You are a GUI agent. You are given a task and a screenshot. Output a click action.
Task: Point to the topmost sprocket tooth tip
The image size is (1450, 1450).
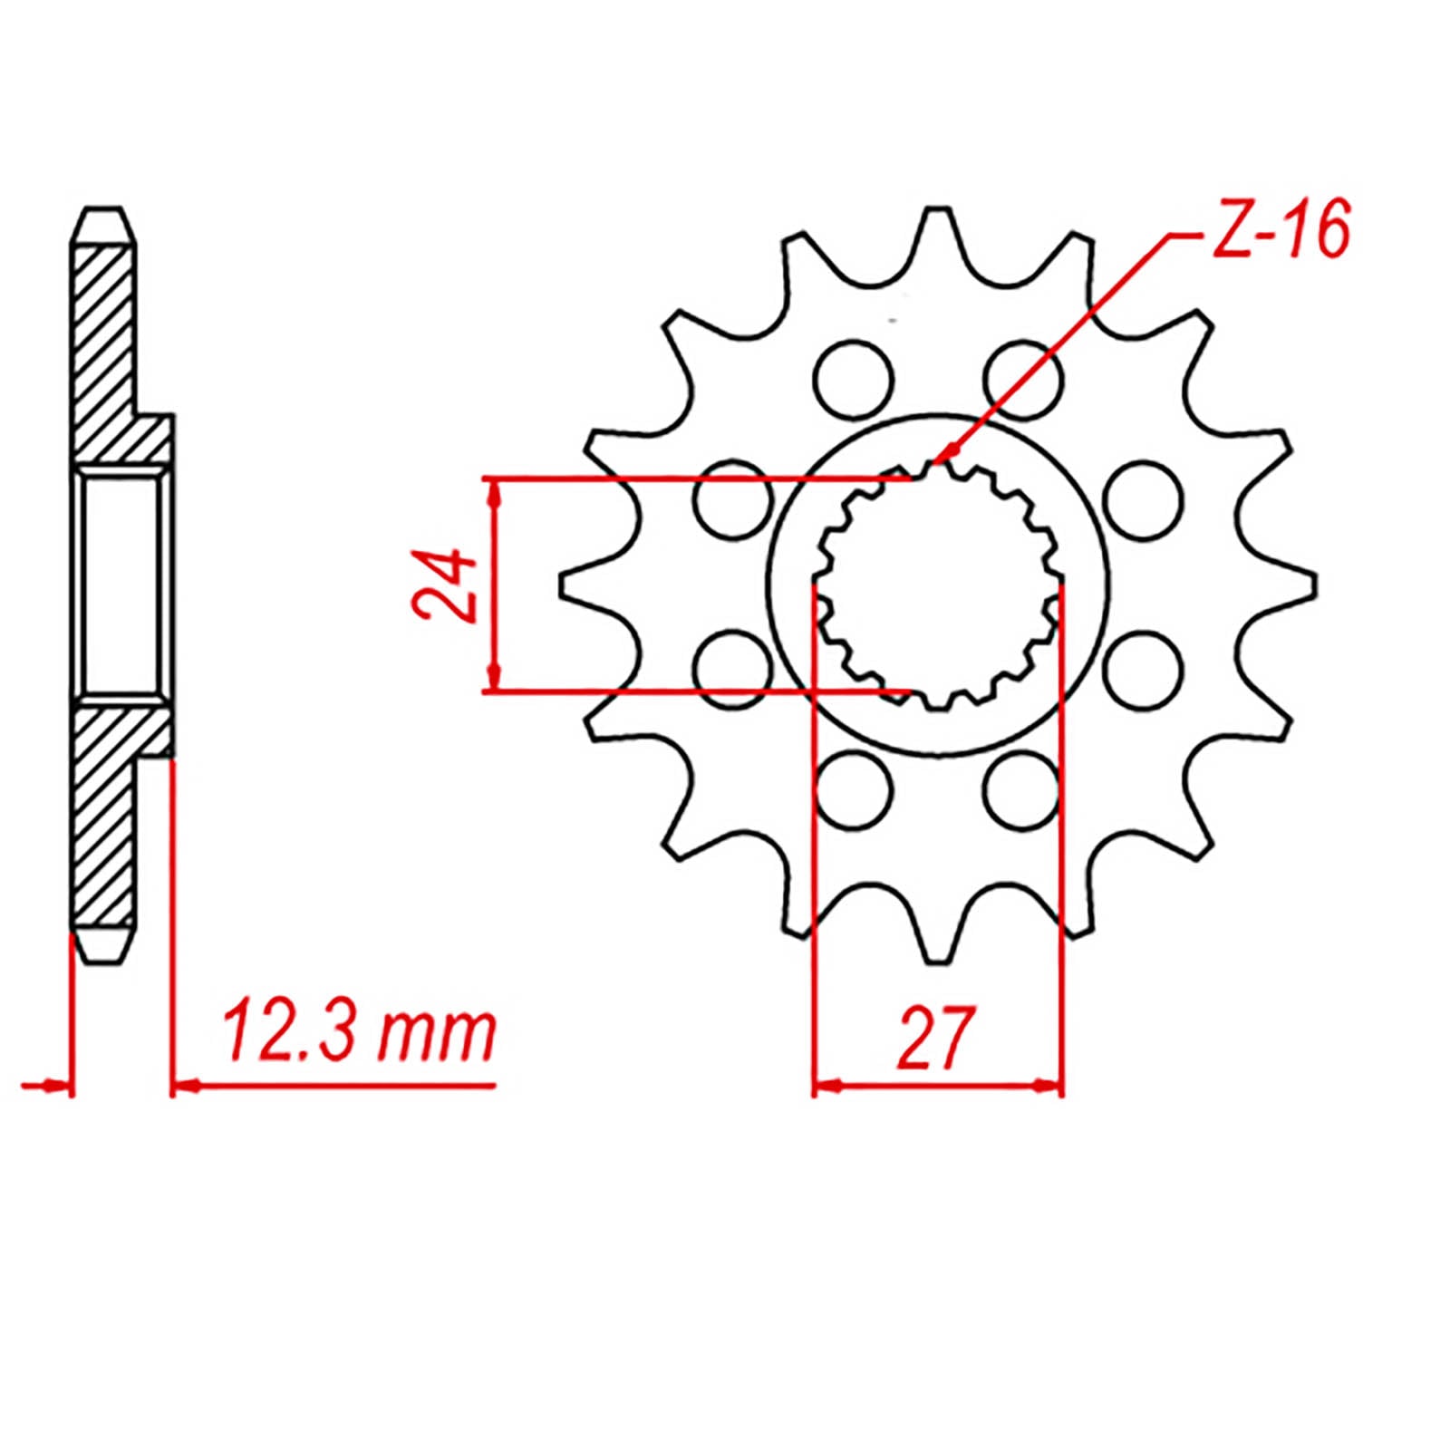click(938, 214)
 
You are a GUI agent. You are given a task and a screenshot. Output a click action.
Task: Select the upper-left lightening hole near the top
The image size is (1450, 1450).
click(853, 380)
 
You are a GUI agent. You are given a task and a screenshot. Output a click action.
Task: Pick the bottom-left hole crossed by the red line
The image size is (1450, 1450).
click(853, 789)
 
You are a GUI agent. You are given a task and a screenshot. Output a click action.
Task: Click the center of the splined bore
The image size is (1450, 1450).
click(938, 585)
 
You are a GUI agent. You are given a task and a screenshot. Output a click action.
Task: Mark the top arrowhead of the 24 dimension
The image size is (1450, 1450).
click(494, 490)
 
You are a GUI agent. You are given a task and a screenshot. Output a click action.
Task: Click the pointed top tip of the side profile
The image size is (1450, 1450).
click(102, 211)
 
